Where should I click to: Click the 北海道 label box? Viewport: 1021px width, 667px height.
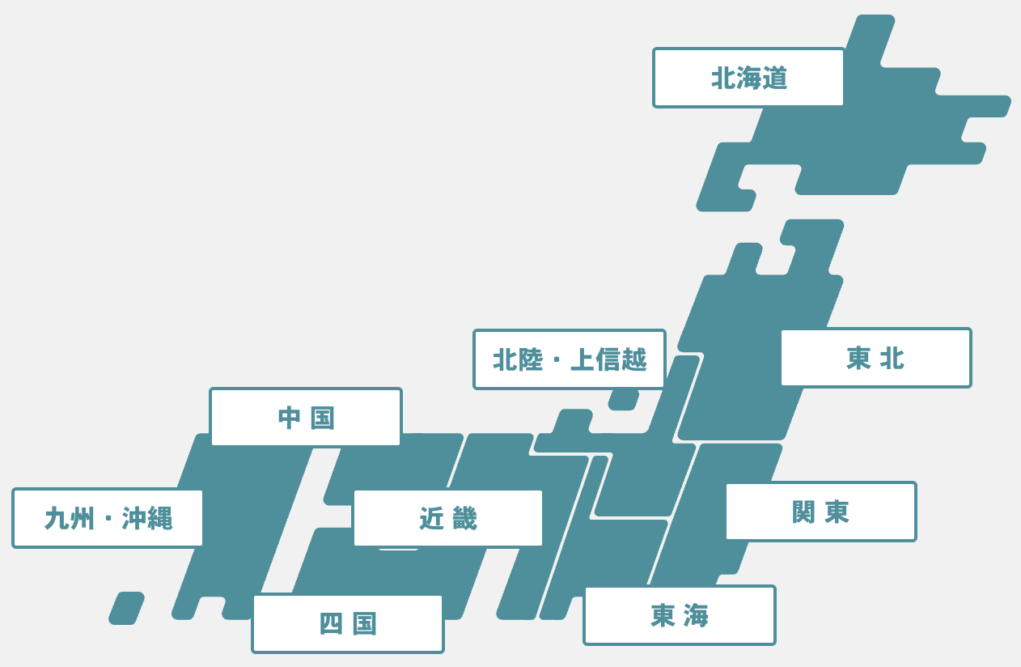[748, 78]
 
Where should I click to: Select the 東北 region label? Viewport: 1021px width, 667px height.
[875, 358]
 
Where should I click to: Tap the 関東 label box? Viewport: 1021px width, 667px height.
[820, 512]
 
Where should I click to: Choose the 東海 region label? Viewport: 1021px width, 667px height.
[679, 615]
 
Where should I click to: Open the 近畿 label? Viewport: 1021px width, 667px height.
[447, 518]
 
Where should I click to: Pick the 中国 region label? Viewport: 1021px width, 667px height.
[305, 418]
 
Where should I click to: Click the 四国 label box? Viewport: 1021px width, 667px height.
[347, 623]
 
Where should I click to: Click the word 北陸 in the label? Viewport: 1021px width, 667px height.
[518, 359]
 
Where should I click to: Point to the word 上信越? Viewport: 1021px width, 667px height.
[608, 359]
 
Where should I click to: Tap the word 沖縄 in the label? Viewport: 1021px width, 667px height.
[147, 518]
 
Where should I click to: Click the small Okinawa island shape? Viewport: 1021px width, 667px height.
[126, 608]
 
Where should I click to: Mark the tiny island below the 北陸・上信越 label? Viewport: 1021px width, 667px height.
[624, 400]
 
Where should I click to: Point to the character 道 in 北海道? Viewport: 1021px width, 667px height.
[774, 79]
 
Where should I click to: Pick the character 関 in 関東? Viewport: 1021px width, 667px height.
[803, 512]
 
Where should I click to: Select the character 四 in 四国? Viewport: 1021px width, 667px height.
[331, 624]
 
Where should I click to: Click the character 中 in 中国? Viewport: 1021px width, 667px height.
[289, 418]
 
